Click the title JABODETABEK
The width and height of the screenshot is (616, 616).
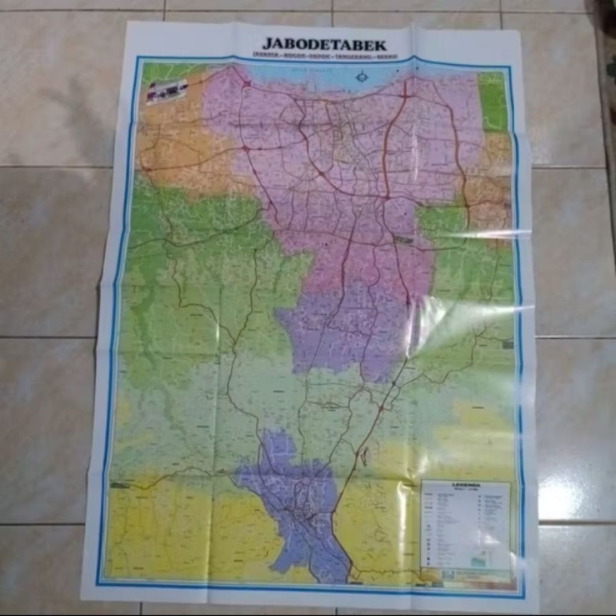click(324, 45)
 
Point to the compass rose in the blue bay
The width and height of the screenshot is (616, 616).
click(362, 76)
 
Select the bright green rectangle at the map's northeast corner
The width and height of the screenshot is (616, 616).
click(492, 101)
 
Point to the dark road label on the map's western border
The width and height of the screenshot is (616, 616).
click(120, 485)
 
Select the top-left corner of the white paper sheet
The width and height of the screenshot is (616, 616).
click(129, 23)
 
